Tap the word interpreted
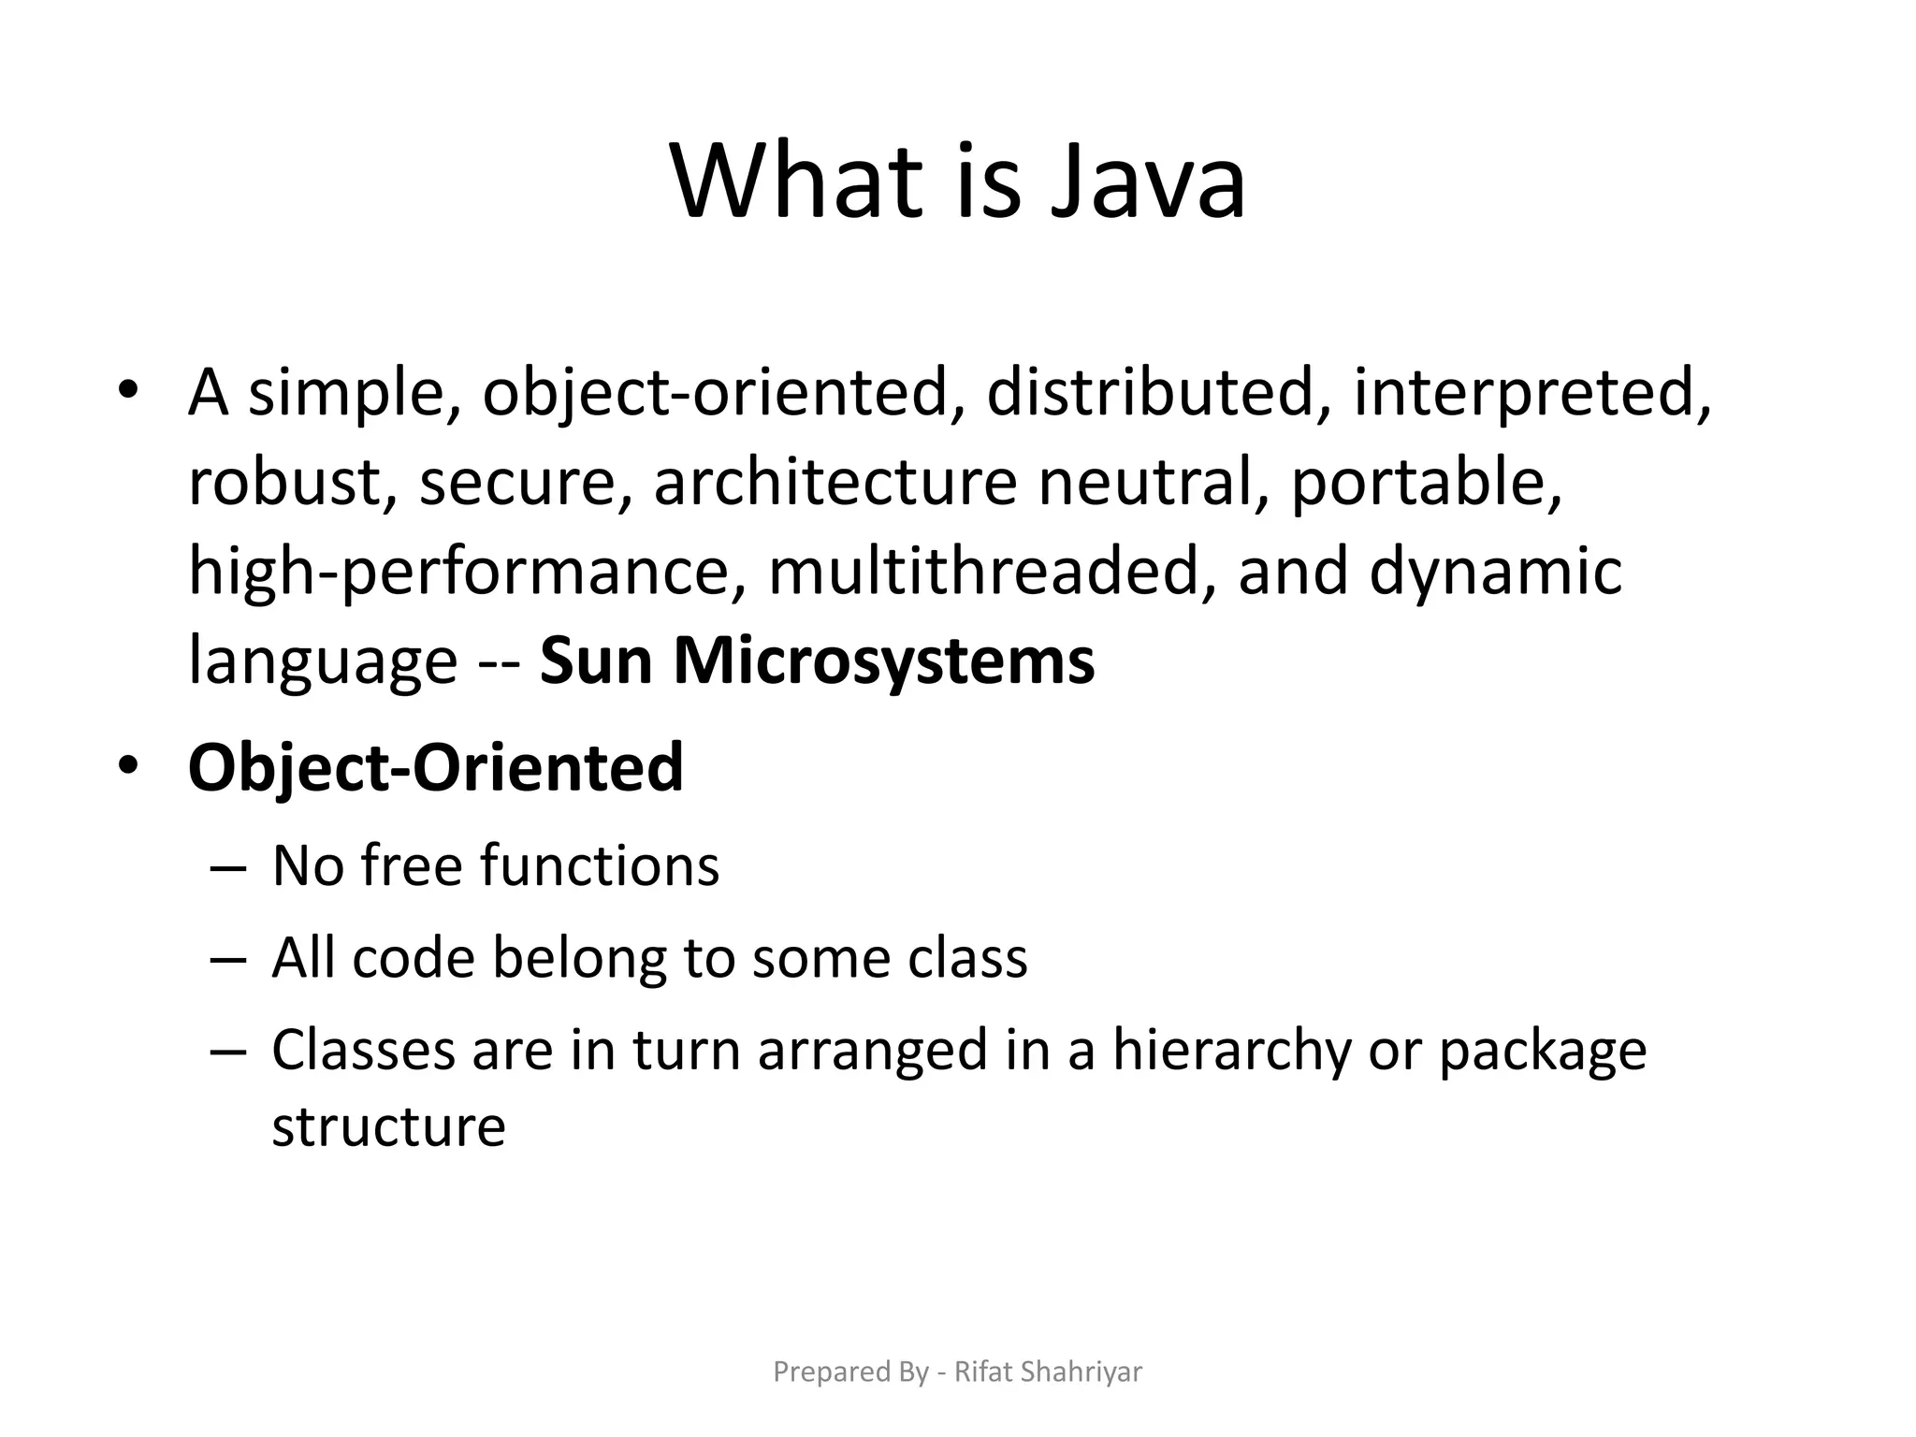pyautogui.click(x=1532, y=393)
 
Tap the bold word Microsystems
pyautogui.click(x=883, y=662)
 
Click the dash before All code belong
pyautogui.click(x=228, y=960)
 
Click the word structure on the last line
pyautogui.click(x=388, y=1125)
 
